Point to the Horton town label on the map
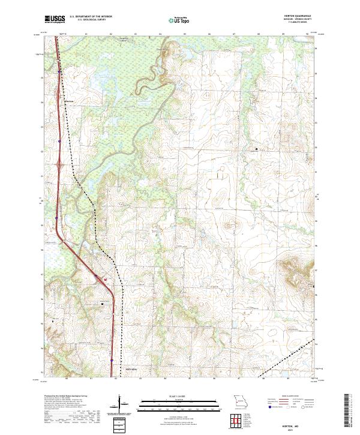pyautogui.click(x=69, y=101)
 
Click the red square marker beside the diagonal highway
pyautogui.click(x=105, y=279)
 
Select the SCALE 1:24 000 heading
pyautogui.click(x=173, y=396)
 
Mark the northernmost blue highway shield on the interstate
pyautogui.click(x=59, y=71)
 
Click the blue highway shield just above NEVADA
pyautogui.click(x=112, y=361)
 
